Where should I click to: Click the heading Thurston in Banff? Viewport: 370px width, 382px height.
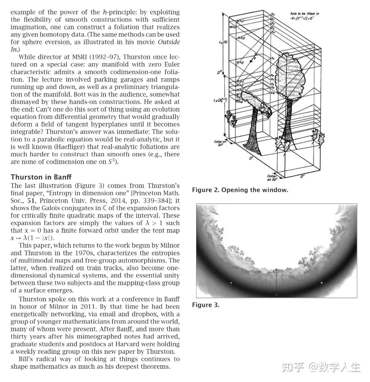click(41, 177)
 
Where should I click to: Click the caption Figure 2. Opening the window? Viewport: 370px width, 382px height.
click(240, 190)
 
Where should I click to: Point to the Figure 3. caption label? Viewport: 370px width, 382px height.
click(206, 305)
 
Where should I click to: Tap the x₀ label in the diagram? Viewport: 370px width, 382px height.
click(273, 14)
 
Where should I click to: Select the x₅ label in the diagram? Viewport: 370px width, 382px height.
click(273, 58)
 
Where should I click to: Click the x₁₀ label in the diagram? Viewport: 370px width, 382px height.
click(273, 93)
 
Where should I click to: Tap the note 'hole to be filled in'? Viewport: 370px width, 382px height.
click(305, 14)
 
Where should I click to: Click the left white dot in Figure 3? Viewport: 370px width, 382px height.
click(231, 283)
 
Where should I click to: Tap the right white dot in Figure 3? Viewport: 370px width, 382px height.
click(322, 283)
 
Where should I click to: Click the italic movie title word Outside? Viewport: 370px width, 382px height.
click(169, 42)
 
